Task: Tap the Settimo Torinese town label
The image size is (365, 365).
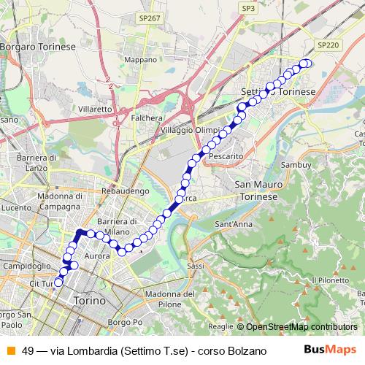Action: tap(278, 93)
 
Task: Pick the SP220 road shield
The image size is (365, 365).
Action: tap(328, 45)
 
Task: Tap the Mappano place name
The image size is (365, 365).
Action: tap(141, 59)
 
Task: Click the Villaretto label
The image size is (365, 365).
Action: tap(94, 109)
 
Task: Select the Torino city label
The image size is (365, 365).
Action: tap(90, 301)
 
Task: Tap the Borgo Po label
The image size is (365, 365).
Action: tap(123, 322)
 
